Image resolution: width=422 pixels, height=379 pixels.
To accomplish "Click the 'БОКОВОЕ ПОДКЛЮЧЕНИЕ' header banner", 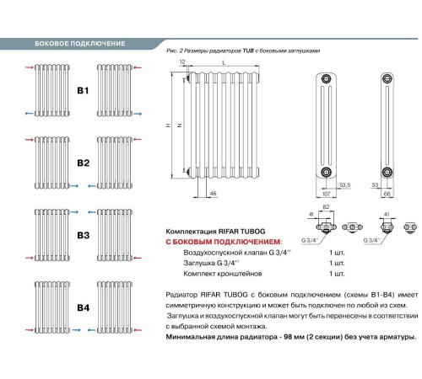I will (x=79, y=43).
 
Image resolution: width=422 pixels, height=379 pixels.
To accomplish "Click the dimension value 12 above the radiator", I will (x=182, y=63).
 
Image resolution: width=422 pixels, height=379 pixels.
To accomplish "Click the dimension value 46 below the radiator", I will (x=213, y=194).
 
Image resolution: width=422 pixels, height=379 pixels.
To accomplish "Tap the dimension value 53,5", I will (x=344, y=184).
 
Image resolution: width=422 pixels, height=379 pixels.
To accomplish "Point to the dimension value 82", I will (x=326, y=207).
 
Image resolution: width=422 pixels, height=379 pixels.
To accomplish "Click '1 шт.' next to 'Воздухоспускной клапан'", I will (x=338, y=252).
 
